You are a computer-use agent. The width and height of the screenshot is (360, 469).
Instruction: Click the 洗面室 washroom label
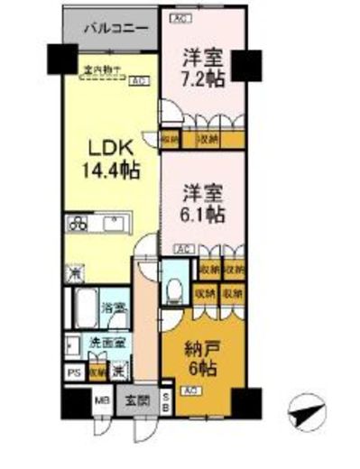click(x=106, y=344)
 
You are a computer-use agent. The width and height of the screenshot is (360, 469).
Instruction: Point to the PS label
click(x=71, y=371)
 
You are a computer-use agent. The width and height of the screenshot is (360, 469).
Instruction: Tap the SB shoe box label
click(x=164, y=400)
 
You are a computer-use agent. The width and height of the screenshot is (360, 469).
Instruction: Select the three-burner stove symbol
click(x=76, y=224)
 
